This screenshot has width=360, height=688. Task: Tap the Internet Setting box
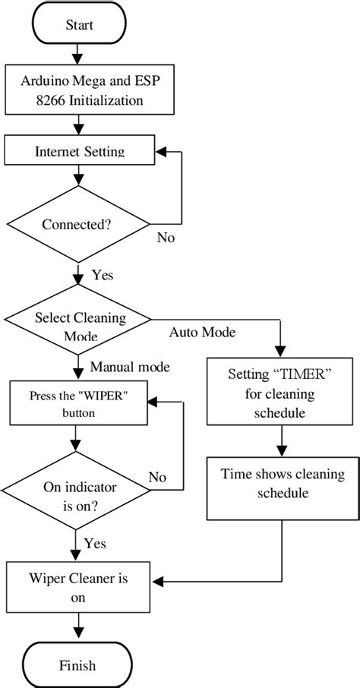click(x=79, y=150)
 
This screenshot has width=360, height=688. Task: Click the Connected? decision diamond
click(x=79, y=224)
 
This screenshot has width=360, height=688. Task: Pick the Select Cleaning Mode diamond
click(x=79, y=324)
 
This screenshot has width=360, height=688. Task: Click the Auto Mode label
click(x=202, y=333)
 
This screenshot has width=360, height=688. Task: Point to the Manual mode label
click(x=130, y=367)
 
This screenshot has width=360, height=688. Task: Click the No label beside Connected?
click(x=165, y=238)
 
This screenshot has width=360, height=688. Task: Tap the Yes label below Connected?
click(x=102, y=274)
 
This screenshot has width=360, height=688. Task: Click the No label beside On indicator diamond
click(x=157, y=477)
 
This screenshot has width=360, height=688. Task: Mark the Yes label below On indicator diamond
click(x=96, y=543)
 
